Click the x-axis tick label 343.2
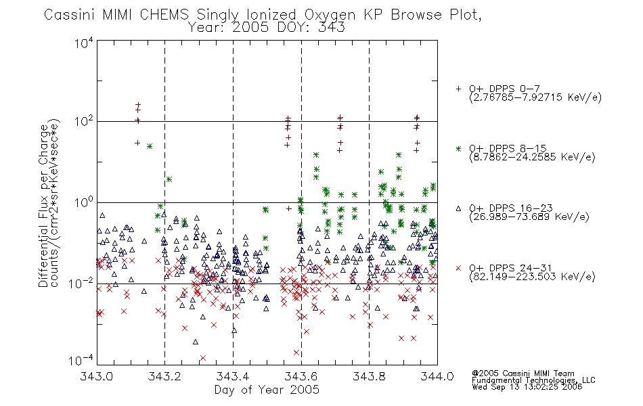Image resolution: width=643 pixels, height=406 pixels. point(165,376)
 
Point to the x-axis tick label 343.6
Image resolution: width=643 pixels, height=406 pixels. point(301,376)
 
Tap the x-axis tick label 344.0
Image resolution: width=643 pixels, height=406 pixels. point(437,376)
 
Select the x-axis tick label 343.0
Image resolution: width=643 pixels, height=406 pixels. point(97,376)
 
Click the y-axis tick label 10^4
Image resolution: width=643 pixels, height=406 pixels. point(84,43)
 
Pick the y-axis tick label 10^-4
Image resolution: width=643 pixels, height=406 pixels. point(81,360)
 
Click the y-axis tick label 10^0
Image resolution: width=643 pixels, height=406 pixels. point(84,202)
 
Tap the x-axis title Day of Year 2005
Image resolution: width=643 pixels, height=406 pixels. point(267,390)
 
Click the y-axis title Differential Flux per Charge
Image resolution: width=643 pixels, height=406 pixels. point(43,206)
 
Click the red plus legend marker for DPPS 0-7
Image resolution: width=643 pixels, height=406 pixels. point(458,89)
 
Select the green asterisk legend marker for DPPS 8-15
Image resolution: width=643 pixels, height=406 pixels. point(458,148)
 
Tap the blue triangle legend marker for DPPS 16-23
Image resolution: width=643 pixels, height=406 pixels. point(458,208)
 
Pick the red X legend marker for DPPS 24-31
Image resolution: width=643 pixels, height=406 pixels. point(458,268)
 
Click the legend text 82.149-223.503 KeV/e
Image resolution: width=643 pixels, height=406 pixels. point(532,276)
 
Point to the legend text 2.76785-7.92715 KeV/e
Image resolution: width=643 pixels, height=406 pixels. point(535,97)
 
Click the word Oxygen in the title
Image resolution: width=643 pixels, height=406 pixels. point(330,15)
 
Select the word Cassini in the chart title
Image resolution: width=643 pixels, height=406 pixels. point(70,15)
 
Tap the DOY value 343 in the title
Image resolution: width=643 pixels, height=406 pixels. point(332,28)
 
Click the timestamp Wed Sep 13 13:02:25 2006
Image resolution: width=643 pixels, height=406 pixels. point(527,387)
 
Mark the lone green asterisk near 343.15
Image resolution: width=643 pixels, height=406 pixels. point(150,146)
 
